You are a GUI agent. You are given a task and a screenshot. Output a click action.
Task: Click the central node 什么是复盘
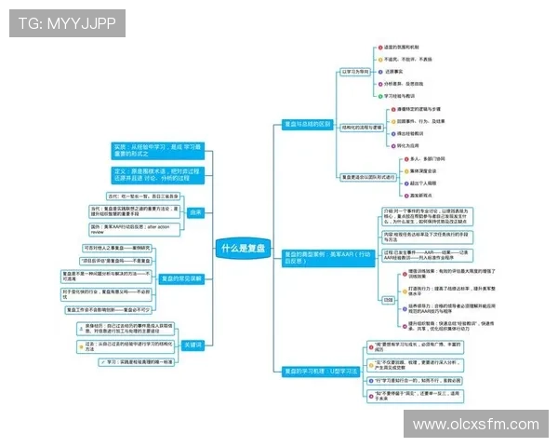(244, 249)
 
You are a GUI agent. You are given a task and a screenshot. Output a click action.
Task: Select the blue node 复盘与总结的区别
(308, 124)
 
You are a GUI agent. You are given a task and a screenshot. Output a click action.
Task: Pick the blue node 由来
(195, 212)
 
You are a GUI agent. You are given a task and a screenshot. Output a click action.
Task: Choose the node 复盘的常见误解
(181, 278)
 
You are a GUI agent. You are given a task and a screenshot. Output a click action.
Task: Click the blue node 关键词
(193, 344)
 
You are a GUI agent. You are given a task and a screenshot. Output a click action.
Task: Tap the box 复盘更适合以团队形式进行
(367, 176)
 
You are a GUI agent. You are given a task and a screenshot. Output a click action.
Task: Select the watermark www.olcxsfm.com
(475, 425)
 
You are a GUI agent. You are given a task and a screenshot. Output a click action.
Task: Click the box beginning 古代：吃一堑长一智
(143, 196)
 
